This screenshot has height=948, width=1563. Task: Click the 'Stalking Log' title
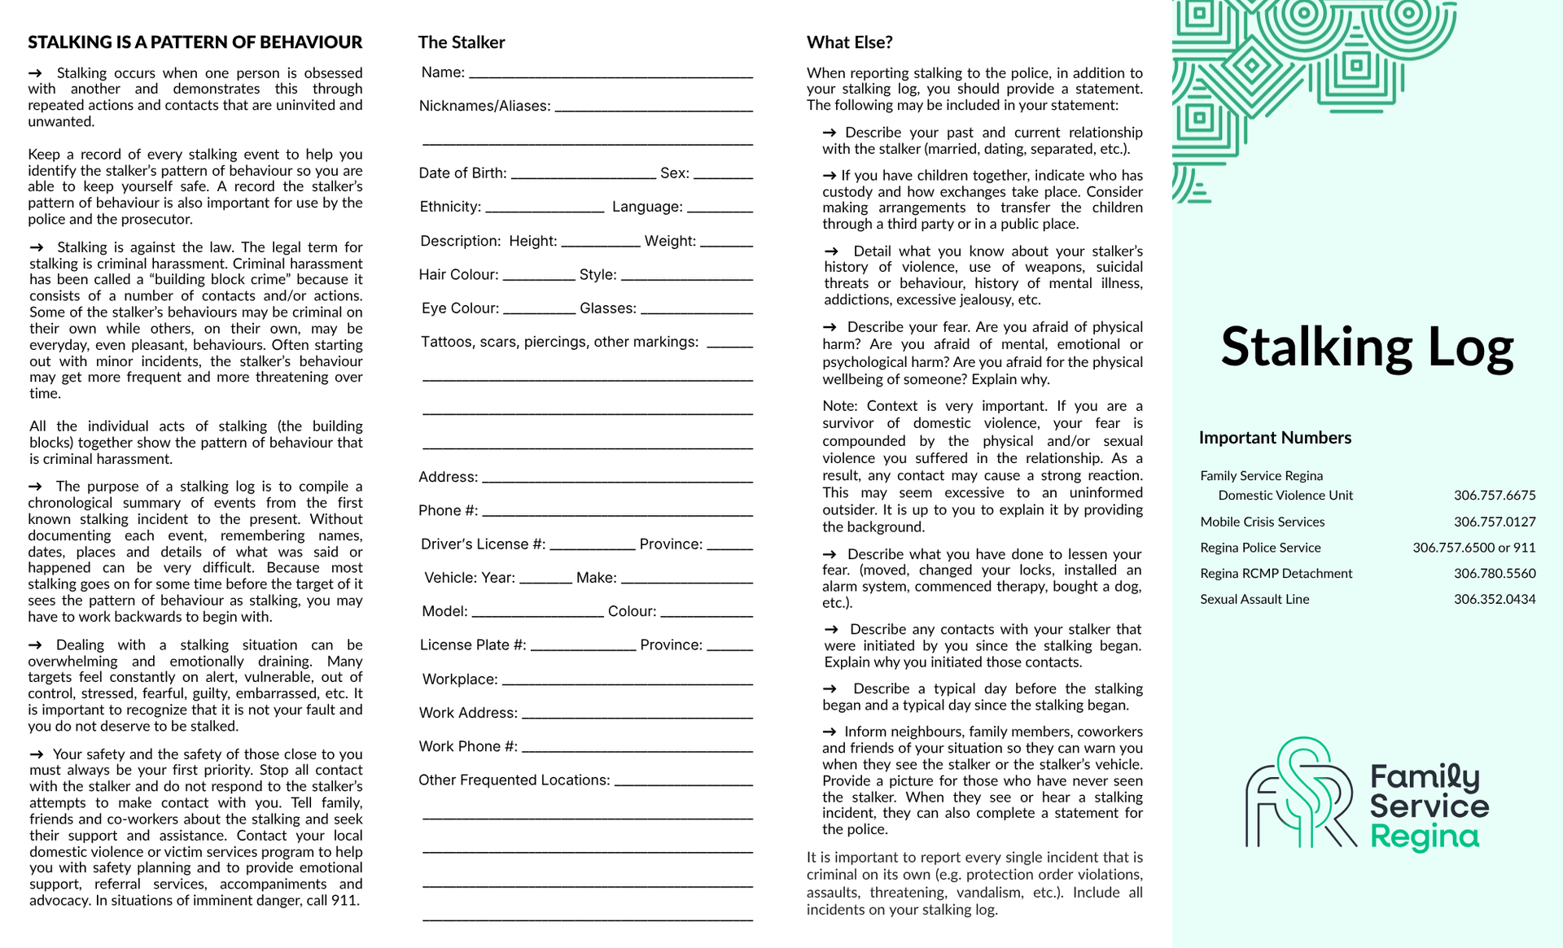(1367, 347)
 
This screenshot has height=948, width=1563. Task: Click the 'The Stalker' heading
(462, 42)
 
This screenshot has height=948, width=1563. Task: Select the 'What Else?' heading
(849, 42)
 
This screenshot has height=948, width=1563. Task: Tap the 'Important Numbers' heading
(1275, 438)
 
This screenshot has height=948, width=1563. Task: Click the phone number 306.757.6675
(1495, 495)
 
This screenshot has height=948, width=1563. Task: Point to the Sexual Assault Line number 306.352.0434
(1495, 599)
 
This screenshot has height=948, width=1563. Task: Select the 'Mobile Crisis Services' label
(1262, 522)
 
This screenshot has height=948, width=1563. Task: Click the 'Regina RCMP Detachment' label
(1276, 573)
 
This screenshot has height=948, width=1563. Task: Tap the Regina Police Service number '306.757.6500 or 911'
(1473, 548)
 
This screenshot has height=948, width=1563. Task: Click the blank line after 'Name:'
(611, 74)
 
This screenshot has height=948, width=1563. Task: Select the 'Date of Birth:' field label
(462, 173)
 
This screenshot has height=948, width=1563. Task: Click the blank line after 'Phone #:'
(616, 513)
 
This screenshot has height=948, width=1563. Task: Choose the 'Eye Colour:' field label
(460, 308)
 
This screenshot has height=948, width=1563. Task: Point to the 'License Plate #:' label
(473, 645)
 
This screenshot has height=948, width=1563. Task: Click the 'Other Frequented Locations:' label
(514, 780)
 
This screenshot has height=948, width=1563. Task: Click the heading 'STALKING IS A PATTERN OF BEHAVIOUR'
(195, 42)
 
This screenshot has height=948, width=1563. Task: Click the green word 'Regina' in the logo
(1424, 837)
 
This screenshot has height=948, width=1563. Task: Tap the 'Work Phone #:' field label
(468, 746)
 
